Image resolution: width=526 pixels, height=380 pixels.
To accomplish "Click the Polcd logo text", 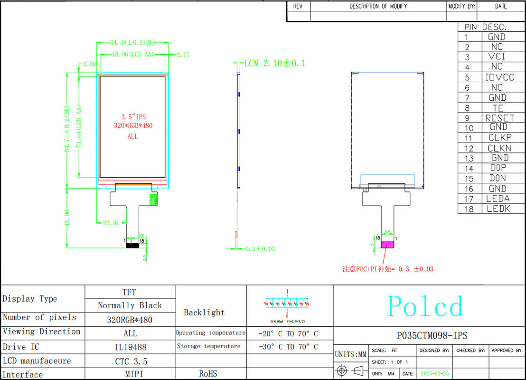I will [x=425, y=306].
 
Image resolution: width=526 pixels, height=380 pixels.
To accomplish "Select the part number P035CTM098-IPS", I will [x=432, y=335].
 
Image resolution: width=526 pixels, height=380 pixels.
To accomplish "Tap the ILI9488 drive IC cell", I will [x=130, y=347].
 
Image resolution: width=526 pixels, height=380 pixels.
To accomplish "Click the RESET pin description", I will [x=499, y=118].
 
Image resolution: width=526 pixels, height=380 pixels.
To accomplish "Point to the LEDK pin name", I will [x=498, y=209].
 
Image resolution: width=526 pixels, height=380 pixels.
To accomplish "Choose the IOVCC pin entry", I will [x=499, y=77].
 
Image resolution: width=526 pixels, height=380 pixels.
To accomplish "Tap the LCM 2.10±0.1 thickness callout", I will [x=274, y=63].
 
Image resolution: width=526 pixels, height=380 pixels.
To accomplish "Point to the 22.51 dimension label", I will [x=111, y=222].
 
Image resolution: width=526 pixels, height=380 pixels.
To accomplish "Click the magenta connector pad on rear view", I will [x=388, y=244].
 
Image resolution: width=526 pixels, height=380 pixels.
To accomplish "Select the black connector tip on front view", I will [x=131, y=245].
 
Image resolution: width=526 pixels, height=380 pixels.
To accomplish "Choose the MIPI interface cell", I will [x=130, y=374].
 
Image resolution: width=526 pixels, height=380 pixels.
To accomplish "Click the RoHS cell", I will [x=208, y=374].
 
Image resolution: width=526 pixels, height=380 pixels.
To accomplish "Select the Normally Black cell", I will [x=130, y=305].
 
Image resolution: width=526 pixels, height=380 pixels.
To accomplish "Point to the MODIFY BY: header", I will [x=461, y=6].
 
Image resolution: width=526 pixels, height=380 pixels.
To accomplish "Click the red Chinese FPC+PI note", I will [x=388, y=269].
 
